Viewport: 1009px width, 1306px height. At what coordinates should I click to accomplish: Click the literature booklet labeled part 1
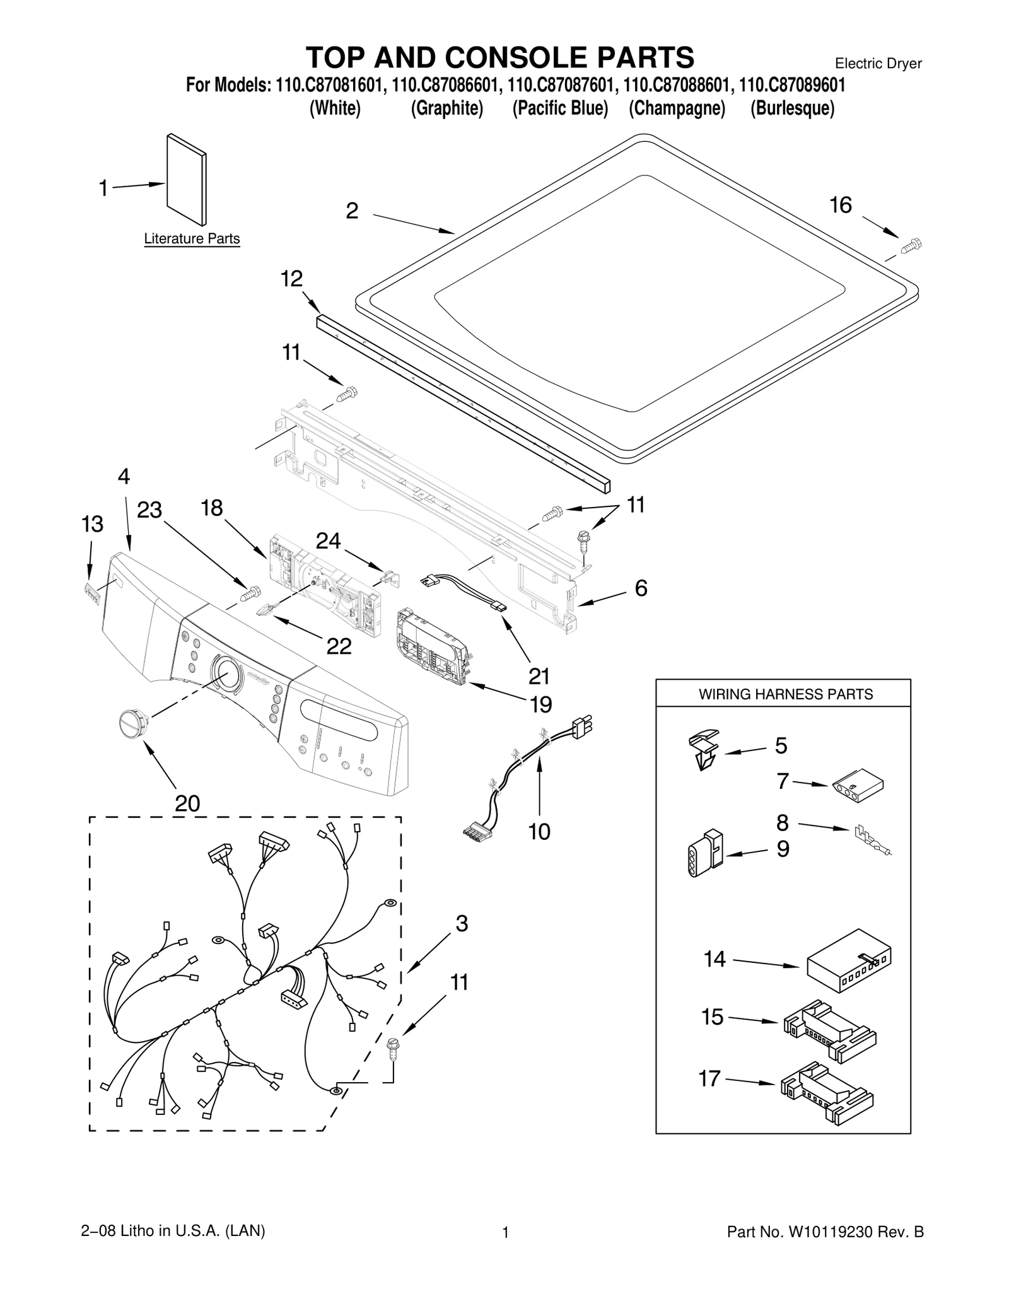186,179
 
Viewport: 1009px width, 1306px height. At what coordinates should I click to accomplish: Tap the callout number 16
840,205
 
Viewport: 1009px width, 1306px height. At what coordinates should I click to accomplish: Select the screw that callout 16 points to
911,245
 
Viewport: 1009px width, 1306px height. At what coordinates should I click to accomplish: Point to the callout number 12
291,278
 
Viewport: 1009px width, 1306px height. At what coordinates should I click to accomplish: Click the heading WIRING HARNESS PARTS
785,694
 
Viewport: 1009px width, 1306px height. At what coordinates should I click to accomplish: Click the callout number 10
539,832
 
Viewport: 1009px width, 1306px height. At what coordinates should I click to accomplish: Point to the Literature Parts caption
192,239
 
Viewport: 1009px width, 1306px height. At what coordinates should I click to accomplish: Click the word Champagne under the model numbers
677,108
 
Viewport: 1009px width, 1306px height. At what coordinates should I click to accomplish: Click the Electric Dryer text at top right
878,64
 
